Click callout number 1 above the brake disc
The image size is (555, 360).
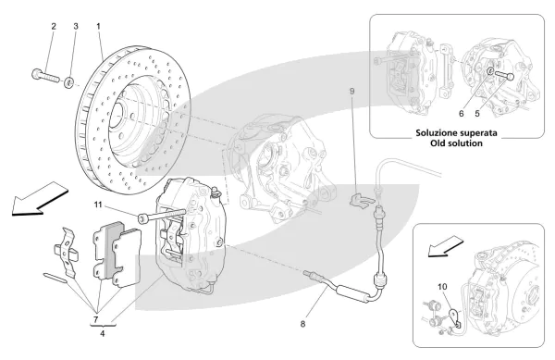click(98, 26)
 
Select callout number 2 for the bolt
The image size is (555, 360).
click(54, 26)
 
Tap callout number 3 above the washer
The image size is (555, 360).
click(76, 26)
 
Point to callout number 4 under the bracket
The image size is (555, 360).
click(103, 333)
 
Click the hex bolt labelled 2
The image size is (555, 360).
click(46, 76)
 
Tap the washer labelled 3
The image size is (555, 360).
click(68, 83)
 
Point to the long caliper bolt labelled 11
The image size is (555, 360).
click(162, 216)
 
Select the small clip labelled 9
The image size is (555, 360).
click(361, 199)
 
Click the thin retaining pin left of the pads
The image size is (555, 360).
click(55, 278)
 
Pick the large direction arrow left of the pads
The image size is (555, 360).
click(39, 199)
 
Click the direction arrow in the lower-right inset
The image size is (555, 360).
click(445, 247)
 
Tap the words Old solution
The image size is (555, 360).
click(457, 143)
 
